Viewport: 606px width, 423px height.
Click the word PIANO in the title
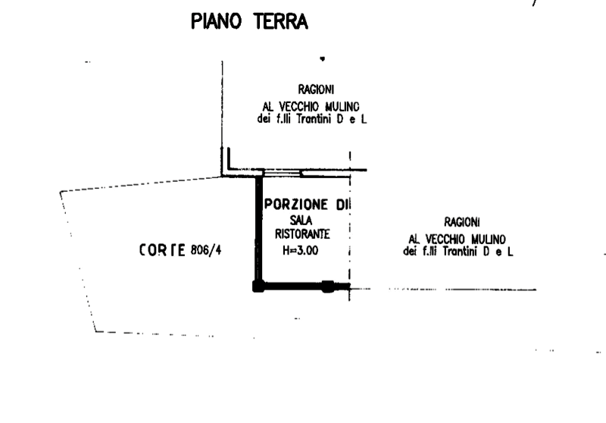(x=217, y=21)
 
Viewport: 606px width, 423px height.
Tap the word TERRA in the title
(x=281, y=21)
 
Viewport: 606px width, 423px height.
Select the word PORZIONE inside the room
(x=296, y=205)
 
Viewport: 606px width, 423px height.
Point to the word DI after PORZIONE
(x=342, y=205)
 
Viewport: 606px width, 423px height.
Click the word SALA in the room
(x=301, y=221)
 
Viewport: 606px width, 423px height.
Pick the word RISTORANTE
(x=302, y=234)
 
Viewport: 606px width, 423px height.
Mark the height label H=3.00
(x=300, y=251)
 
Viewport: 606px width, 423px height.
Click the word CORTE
(x=162, y=250)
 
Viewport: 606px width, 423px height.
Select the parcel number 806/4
(x=206, y=251)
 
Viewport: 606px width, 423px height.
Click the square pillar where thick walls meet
(x=258, y=287)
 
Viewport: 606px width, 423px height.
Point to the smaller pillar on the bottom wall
(x=328, y=287)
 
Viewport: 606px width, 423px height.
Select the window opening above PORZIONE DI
(x=282, y=173)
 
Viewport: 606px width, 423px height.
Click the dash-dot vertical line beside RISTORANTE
(x=350, y=226)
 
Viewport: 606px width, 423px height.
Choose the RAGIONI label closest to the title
(x=316, y=89)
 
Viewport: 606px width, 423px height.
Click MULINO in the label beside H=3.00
(x=488, y=240)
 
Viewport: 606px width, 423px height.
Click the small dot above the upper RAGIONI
(x=323, y=59)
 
